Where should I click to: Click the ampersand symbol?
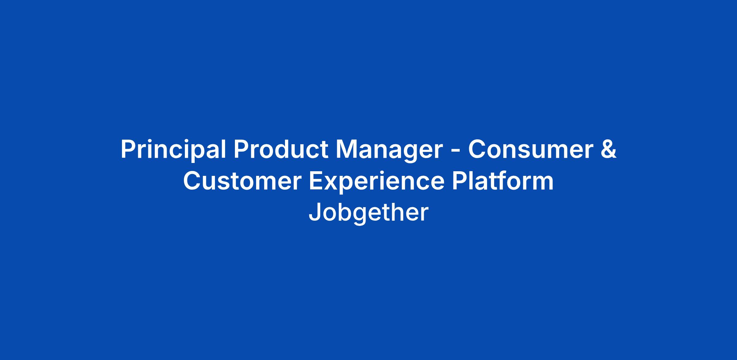[x=609, y=149]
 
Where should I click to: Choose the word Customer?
[x=242, y=181]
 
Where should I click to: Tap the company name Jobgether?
[x=368, y=213]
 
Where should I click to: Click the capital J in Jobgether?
[x=314, y=212]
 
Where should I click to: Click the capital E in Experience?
[x=317, y=181]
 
